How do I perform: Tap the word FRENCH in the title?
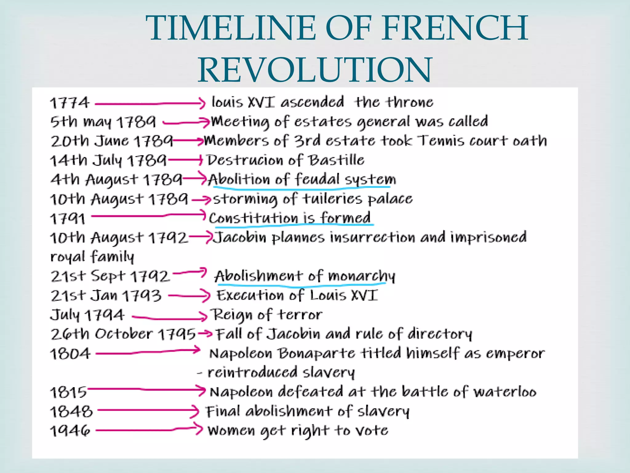coord(455,28)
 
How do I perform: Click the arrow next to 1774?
coord(150,104)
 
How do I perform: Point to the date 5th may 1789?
coord(103,122)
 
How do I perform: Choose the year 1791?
coord(68,219)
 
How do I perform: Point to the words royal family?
coord(92,257)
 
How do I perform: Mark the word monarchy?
coord(362,276)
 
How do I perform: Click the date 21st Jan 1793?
coord(106,296)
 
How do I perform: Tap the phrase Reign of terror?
coord(266,315)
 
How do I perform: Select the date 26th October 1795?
coord(123,334)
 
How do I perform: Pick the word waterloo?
coord(505,392)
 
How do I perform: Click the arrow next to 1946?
coord(149,430)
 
